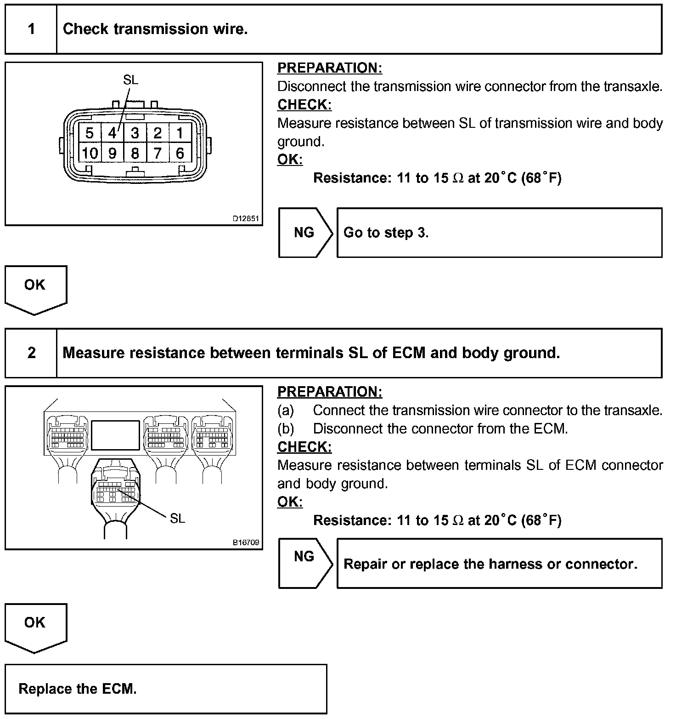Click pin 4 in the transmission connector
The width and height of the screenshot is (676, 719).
point(112,133)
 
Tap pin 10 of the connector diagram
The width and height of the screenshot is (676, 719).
point(90,153)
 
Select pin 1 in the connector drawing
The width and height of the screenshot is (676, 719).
point(180,133)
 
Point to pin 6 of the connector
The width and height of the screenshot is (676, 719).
point(180,153)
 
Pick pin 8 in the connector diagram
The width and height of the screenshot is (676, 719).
point(135,153)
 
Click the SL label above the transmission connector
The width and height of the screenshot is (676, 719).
point(130,80)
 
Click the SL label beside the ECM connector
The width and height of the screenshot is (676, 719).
point(177,519)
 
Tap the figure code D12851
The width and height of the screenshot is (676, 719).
point(246,219)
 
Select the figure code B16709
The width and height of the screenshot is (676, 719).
point(246,542)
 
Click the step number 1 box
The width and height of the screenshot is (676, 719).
point(31,29)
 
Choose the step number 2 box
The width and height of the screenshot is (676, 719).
point(31,353)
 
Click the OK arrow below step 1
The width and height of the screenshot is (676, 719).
point(35,289)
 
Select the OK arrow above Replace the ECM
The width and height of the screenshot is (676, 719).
point(35,626)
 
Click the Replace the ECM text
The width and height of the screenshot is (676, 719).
point(78,689)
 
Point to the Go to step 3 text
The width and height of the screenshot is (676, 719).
point(386,233)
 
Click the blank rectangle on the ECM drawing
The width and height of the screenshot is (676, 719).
point(115,435)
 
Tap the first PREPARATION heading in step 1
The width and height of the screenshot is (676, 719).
point(330,68)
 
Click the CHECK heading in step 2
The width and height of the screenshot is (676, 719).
point(304,447)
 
